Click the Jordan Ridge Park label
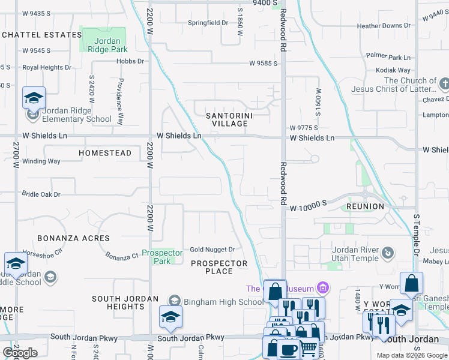click(x=103, y=46)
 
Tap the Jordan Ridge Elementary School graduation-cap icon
click(x=34, y=98)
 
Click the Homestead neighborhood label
click(x=105, y=153)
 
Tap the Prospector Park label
click(x=162, y=257)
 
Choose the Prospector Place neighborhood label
click(x=219, y=267)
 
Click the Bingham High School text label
click(x=224, y=302)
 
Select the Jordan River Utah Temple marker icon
click(x=389, y=253)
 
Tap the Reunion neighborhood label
click(x=365, y=206)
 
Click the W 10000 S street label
click(x=308, y=205)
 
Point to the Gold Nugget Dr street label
click(x=212, y=249)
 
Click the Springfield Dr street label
click(x=208, y=23)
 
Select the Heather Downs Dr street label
click(x=384, y=26)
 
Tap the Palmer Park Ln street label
click(x=388, y=56)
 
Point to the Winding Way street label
click(x=41, y=161)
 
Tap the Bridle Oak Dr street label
click(x=41, y=194)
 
